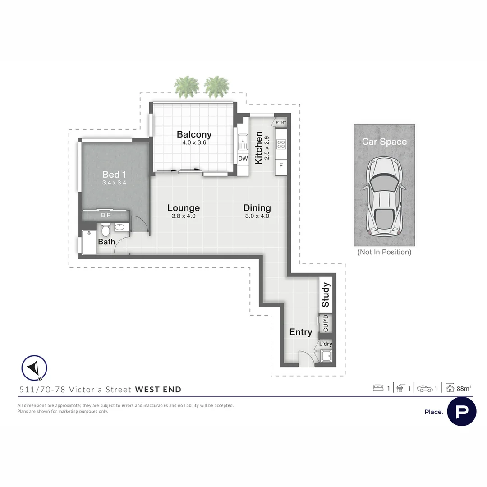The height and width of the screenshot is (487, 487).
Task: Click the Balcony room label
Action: (194, 134)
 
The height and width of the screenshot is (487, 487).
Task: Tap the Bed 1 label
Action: (114, 175)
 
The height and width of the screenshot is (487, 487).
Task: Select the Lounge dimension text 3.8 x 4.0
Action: (184, 216)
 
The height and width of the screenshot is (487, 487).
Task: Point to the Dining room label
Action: (257, 208)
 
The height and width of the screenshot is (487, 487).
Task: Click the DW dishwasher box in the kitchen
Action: (243, 158)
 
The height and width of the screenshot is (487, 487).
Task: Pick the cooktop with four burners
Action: (281, 144)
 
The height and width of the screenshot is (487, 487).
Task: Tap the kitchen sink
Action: (243, 142)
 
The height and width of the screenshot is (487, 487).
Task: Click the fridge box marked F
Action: (281, 165)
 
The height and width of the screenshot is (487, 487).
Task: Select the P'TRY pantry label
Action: (281, 122)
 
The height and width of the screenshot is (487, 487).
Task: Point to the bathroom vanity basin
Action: (120, 227)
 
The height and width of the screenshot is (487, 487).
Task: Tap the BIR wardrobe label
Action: (106, 215)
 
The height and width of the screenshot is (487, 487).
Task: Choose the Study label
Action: (326, 294)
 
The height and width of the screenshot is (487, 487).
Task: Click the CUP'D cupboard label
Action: (326, 323)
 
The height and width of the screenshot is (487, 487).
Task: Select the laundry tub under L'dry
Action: (326, 356)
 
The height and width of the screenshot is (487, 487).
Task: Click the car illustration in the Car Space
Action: (385, 196)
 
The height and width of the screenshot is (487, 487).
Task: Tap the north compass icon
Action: (34, 368)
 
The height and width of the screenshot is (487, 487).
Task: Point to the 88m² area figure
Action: (464, 388)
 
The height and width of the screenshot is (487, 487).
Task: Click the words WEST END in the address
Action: (158, 390)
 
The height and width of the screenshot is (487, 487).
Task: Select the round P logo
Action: (462, 412)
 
